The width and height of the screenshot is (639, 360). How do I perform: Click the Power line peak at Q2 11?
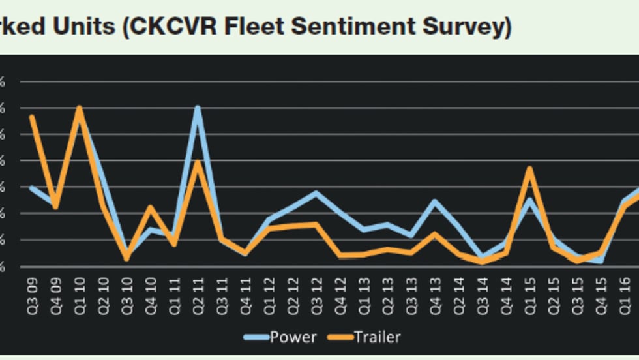pyautogui.click(x=198, y=108)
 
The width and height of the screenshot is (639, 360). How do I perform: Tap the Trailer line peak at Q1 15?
pyautogui.click(x=530, y=168)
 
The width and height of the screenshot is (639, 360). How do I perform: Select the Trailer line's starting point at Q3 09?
pyautogui.click(x=31, y=117)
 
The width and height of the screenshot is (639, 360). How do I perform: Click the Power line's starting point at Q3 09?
pyautogui.click(x=31, y=188)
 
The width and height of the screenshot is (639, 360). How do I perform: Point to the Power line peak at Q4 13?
pyautogui.click(x=435, y=201)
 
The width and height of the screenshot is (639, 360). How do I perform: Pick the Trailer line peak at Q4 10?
pyautogui.click(x=150, y=207)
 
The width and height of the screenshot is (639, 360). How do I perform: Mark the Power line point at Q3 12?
pyautogui.click(x=316, y=193)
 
